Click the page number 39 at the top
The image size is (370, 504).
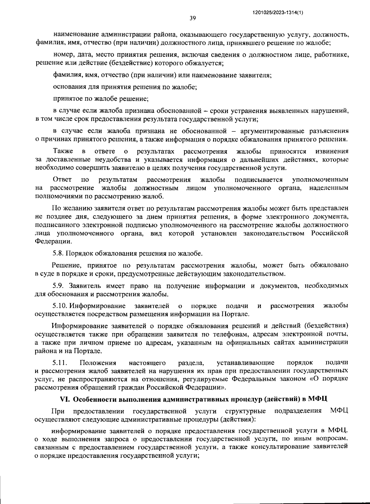pos(192,19)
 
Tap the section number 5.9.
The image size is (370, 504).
pos(58,286)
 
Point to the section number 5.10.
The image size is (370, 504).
pos(60,306)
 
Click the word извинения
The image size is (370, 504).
pos(332,151)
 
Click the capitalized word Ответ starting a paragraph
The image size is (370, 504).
pos(62,180)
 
